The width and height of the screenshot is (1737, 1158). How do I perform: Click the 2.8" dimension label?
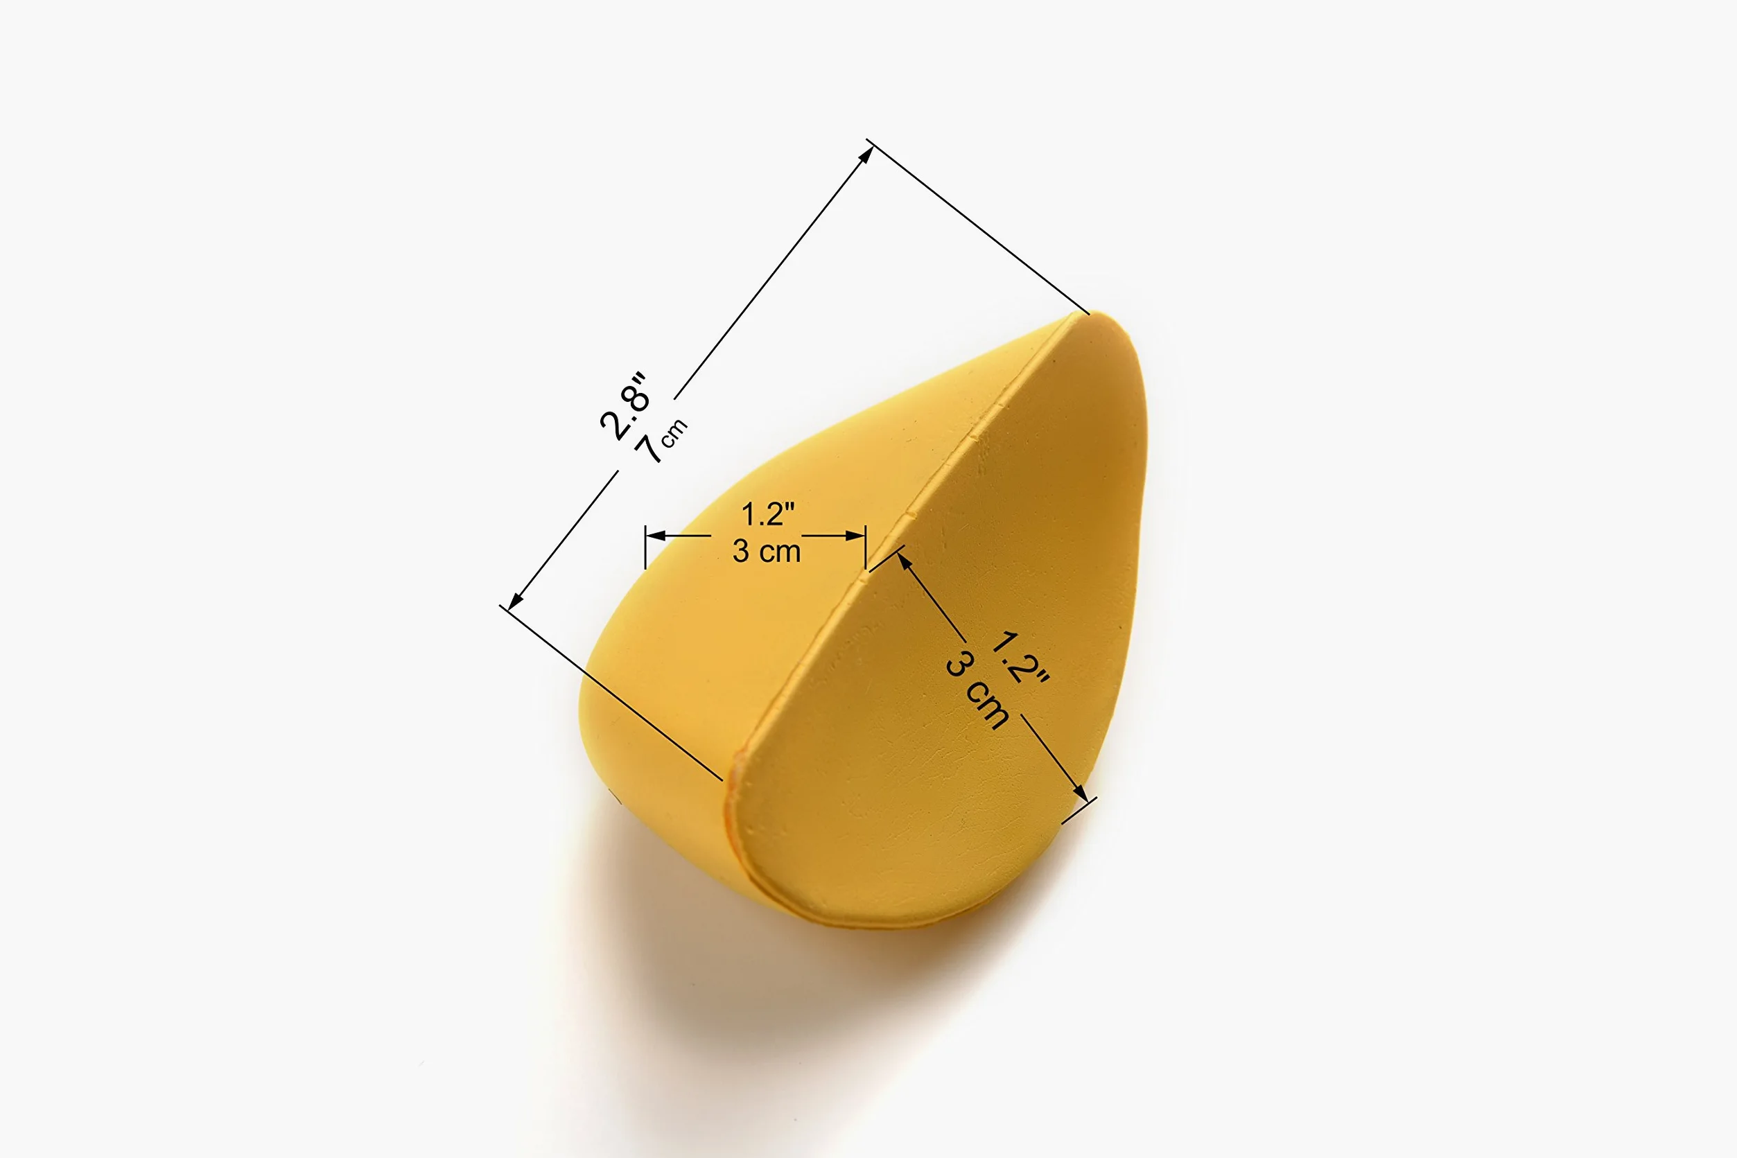coord(625,406)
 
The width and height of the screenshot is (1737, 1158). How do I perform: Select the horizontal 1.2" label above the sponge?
coord(767,514)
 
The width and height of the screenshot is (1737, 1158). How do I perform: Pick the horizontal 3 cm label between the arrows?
coord(767,552)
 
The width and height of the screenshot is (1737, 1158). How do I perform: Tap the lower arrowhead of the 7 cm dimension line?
coord(516,600)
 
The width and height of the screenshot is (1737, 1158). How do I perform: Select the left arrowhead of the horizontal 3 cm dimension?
coord(656,536)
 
